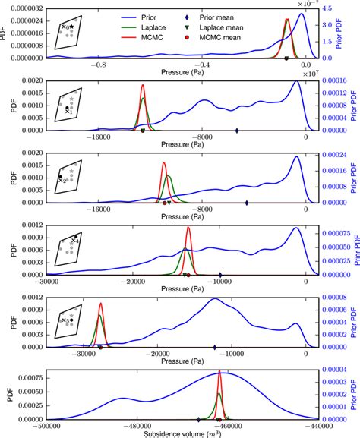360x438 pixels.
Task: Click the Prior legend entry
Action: [x=134, y=14]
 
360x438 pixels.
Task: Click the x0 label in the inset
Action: [x=65, y=27]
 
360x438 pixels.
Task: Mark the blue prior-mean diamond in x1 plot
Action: [x=238, y=131]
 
